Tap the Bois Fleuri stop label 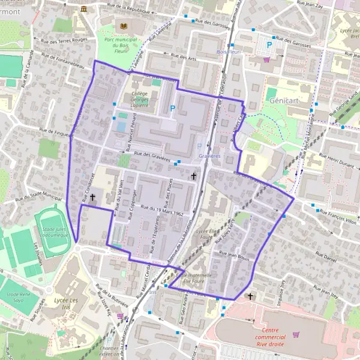click(228, 52)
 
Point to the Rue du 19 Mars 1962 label click(162, 209)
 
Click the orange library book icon click(124, 27)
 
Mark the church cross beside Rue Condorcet click(92, 197)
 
